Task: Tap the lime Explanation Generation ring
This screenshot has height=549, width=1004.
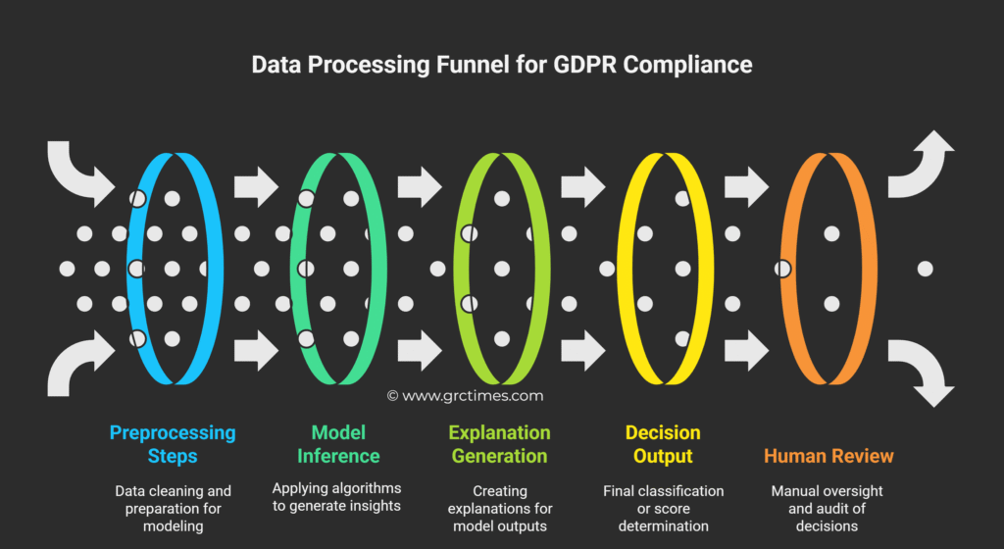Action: (537, 267)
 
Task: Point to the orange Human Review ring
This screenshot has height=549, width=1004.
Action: (863, 267)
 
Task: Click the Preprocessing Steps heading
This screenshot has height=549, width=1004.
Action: (173, 444)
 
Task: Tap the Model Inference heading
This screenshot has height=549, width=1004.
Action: (338, 444)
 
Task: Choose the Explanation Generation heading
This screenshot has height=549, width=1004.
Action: (499, 444)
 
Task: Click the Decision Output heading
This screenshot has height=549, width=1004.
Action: (663, 444)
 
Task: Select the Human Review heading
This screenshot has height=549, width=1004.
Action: (828, 456)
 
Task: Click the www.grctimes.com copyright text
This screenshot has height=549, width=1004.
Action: (465, 396)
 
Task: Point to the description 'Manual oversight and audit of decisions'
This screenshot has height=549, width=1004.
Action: (828, 508)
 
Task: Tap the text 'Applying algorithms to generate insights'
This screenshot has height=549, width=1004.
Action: (337, 497)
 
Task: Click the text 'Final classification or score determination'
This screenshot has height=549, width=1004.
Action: (663, 508)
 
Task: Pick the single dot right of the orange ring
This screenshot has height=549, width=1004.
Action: (924, 268)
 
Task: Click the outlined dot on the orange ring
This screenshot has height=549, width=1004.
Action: (782, 268)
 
